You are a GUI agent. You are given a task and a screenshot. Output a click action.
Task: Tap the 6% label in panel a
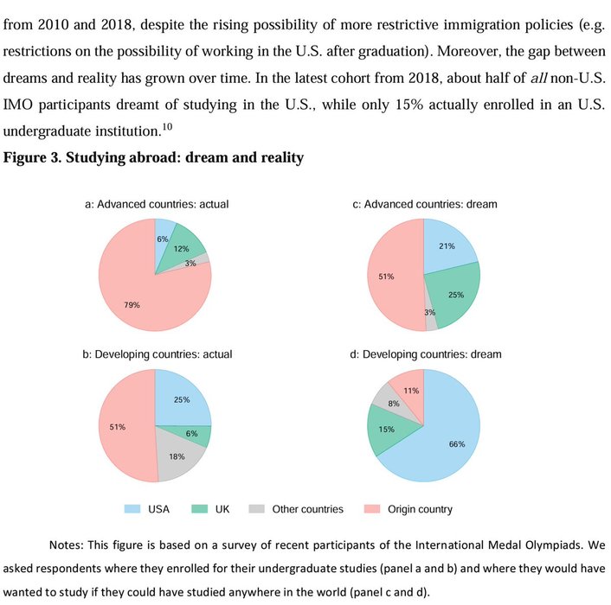[x=163, y=239]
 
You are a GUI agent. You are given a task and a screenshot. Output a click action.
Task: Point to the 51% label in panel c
[x=386, y=277]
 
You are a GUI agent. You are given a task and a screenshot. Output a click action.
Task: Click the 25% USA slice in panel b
[x=182, y=399]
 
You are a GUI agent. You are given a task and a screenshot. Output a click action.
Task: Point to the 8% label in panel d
[x=394, y=404]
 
